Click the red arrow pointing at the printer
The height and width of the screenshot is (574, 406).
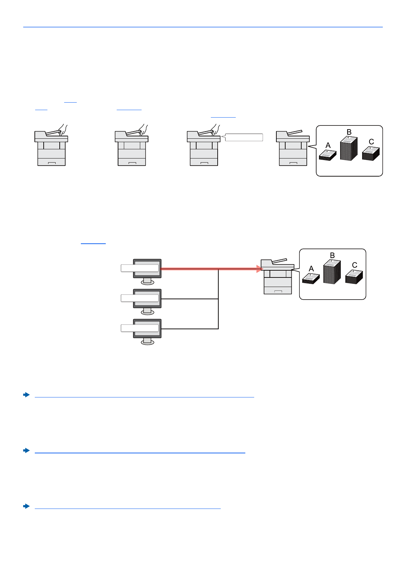pyautogui.click(x=208, y=269)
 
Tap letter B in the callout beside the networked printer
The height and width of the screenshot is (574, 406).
pyautogui.click(x=332, y=255)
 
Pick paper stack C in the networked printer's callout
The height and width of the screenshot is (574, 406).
pyautogui.click(x=354, y=277)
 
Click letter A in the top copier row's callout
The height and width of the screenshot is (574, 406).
pyautogui.click(x=328, y=146)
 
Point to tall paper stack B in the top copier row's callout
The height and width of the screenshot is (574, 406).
pyautogui.click(x=349, y=149)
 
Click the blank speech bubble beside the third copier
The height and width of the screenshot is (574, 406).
pyautogui.click(x=244, y=137)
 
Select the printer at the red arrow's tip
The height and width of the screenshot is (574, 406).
pyautogui.click(x=277, y=277)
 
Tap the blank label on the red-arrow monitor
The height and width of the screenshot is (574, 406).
pyautogui.click(x=140, y=268)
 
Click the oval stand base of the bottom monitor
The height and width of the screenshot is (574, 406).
pyautogui.click(x=147, y=342)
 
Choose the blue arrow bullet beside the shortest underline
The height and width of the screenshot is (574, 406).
pyautogui.click(x=26, y=506)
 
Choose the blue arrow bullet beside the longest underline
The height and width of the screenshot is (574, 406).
pyautogui.click(x=26, y=395)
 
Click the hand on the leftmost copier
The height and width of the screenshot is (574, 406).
pyautogui.click(x=63, y=129)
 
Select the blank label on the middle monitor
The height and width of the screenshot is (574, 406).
pyautogui.click(x=140, y=298)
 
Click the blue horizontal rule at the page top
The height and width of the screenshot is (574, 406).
pyautogui.click(x=203, y=27)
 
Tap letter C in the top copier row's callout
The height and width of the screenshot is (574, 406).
pyautogui.click(x=371, y=141)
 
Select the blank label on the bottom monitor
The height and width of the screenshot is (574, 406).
pyautogui.click(x=140, y=328)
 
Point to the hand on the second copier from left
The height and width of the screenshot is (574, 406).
pyautogui.click(x=143, y=129)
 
